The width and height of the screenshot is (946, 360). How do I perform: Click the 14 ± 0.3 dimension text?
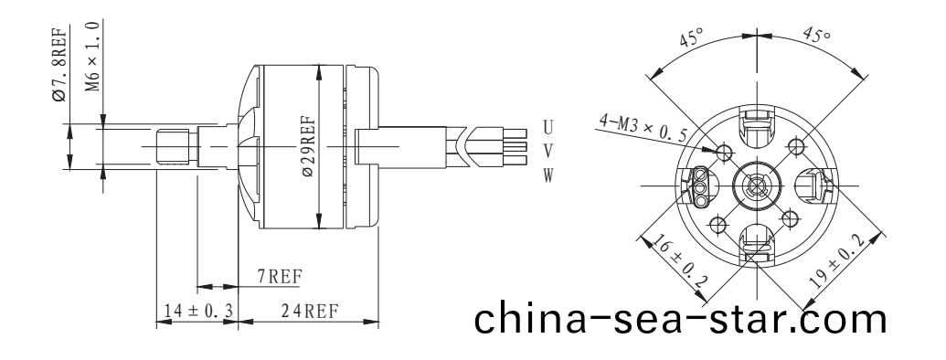coord(196,311)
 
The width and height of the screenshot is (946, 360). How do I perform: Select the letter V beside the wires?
coord(547,150)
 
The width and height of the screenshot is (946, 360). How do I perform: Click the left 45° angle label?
coord(692,39)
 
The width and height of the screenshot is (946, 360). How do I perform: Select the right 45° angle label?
coord(816,37)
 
